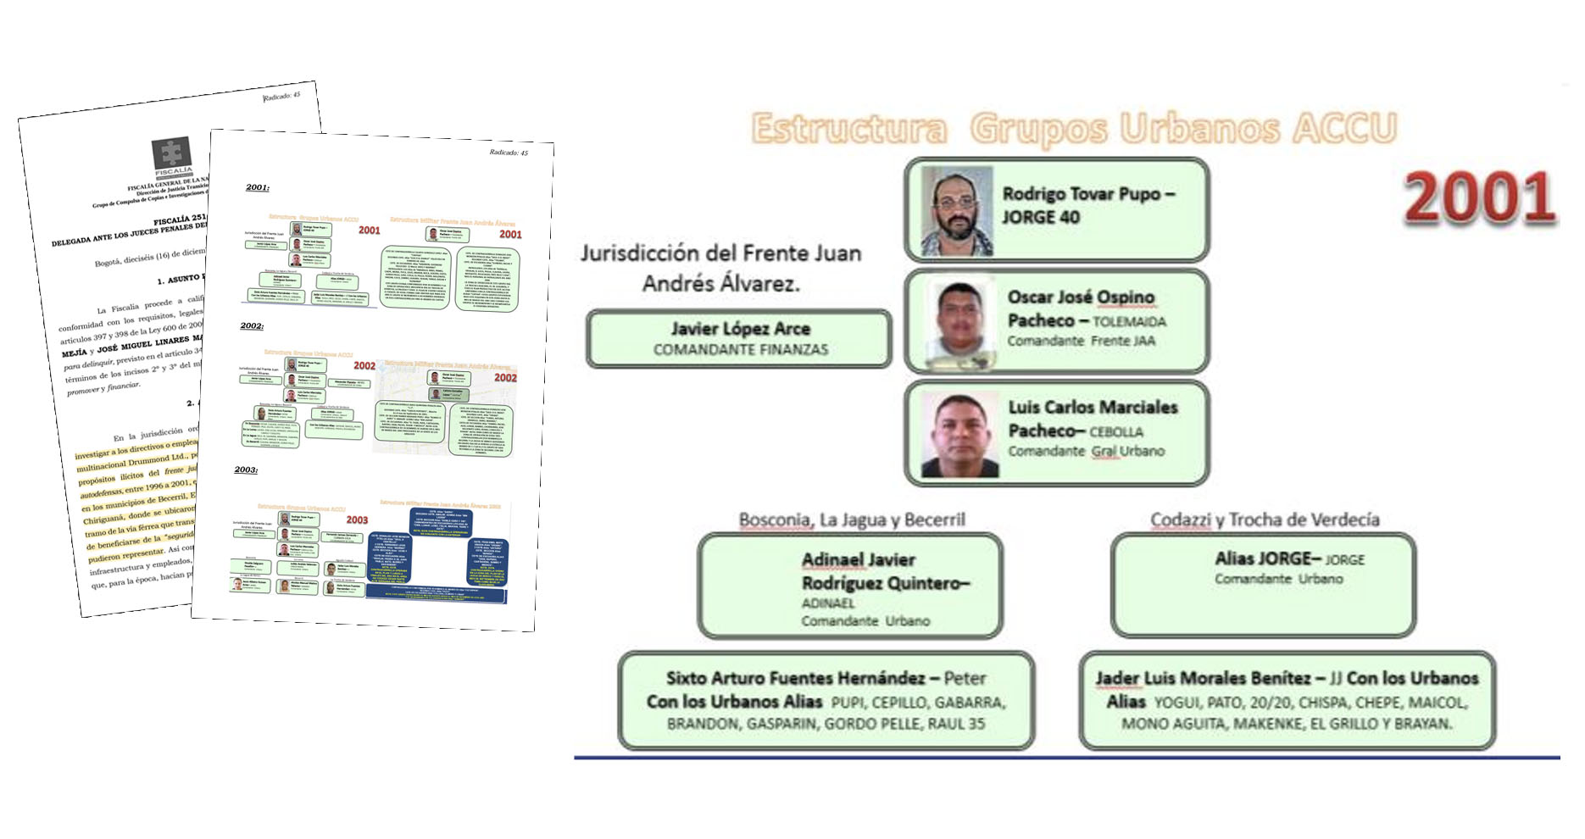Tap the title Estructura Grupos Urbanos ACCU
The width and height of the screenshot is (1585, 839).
(x=1073, y=129)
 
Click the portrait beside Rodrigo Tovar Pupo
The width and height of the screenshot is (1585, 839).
(x=957, y=211)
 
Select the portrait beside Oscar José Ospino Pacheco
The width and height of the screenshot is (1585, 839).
(x=960, y=322)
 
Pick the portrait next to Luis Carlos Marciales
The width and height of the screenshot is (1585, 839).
(x=960, y=434)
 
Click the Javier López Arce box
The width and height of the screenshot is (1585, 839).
(x=738, y=338)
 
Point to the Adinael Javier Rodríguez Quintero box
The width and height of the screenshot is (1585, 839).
(x=850, y=586)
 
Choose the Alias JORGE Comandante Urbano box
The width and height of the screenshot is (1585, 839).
(x=1263, y=586)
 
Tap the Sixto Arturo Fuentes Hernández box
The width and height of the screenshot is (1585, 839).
(x=826, y=700)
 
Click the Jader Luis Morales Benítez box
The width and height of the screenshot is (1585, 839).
(x=1287, y=700)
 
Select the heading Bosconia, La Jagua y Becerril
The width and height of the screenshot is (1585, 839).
(x=851, y=520)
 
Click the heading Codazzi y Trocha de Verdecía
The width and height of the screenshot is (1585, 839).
(x=1264, y=520)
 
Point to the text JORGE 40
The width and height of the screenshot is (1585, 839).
(x=1041, y=218)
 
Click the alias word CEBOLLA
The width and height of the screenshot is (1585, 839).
(x=1116, y=432)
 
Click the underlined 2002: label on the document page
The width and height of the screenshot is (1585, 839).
(x=252, y=326)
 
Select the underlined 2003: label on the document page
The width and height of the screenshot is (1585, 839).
(x=246, y=470)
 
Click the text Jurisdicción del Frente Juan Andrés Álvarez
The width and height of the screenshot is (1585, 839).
(x=720, y=268)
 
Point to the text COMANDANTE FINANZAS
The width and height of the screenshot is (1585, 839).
(x=740, y=349)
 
